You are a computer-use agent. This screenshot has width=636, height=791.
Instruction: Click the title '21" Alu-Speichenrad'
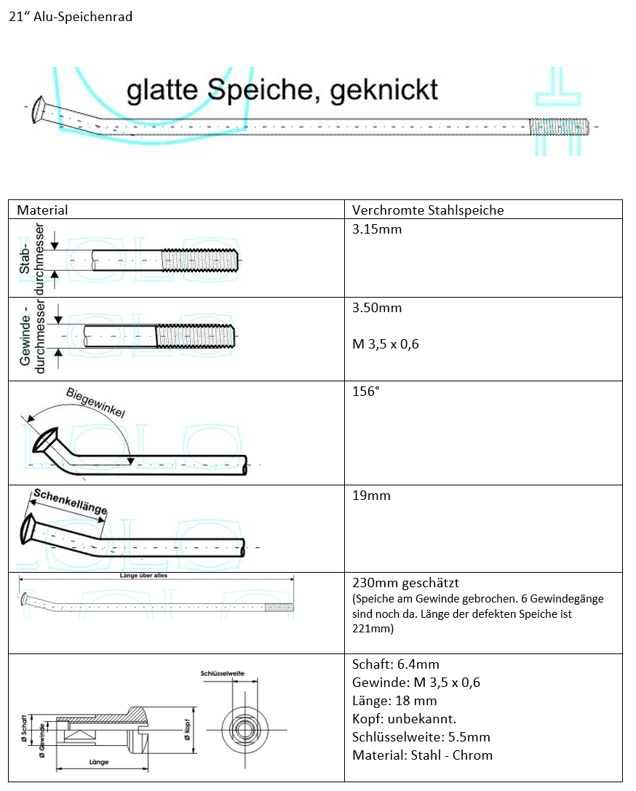tap(71, 17)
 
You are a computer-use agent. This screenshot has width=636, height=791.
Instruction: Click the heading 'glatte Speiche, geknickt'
tap(282, 90)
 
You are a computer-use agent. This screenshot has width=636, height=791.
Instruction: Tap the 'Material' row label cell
tap(42, 210)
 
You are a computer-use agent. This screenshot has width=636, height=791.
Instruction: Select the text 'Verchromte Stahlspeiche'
tap(428, 210)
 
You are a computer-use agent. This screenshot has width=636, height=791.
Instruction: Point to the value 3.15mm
tap(377, 230)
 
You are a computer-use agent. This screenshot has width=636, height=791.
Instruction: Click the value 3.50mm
tap(377, 308)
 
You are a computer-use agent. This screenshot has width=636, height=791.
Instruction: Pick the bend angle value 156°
tap(366, 391)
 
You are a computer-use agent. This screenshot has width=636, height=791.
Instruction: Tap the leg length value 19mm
tap(371, 496)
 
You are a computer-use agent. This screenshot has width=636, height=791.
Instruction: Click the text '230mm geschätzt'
tap(405, 583)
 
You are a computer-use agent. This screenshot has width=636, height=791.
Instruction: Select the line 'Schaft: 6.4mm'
tap(395, 664)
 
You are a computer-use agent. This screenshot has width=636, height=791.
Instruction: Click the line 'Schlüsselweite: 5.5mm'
tap(421, 737)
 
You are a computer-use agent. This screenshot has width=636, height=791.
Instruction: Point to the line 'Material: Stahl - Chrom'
tap(422, 755)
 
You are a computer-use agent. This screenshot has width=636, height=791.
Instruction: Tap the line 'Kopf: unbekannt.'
tap(404, 719)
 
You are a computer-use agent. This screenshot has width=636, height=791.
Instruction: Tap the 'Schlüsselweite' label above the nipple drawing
tap(221, 674)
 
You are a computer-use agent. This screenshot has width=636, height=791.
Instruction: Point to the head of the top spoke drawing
tap(38, 111)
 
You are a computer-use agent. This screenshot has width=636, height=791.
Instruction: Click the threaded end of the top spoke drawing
tap(559, 127)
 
